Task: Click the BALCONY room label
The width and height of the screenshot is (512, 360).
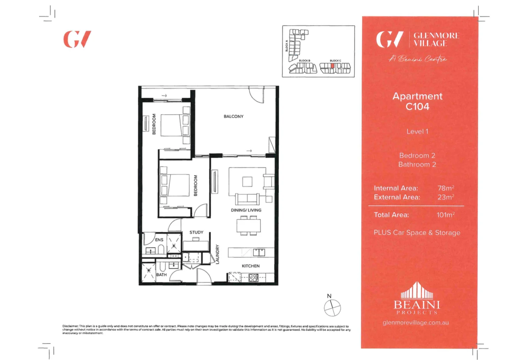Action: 233,116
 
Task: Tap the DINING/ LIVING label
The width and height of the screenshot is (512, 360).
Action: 246,210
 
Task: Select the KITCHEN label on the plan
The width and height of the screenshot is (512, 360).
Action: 250,266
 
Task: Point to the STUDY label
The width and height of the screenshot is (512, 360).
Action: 196,232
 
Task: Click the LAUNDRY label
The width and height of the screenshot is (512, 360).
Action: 218,254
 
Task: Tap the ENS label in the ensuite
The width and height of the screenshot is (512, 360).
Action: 159,240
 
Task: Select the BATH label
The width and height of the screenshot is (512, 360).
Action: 161,275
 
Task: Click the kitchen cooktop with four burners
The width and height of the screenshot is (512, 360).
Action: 253,278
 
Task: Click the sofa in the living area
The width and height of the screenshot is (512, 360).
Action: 247,199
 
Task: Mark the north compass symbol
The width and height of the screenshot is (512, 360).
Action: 332,308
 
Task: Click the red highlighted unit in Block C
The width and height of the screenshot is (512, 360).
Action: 332,66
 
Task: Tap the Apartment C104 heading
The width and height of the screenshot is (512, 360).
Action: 417,101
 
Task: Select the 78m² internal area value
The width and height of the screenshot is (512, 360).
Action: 446,188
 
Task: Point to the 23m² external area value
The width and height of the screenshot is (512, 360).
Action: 446,197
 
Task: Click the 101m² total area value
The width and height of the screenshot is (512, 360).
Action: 446,215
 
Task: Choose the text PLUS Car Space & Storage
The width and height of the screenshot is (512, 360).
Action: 417,233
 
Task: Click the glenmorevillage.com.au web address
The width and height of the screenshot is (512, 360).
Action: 416,323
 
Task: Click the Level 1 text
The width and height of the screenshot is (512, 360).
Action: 417,132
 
